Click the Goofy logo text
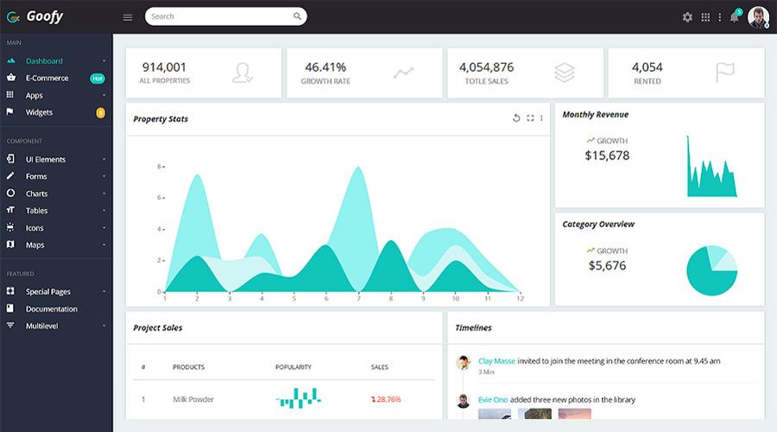point(44,16)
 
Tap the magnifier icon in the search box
point(297,16)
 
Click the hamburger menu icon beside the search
point(128,17)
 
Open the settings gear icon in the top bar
point(687,17)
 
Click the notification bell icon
point(734,17)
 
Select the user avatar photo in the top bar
point(758,16)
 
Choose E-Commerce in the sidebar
point(47,78)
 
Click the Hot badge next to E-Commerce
point(98,78)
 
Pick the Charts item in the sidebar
point(36,194)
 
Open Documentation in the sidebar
point(51,308)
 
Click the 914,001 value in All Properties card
point(164,67)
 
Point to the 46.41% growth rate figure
point(325,67)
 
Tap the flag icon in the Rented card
point(725,73)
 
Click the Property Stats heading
point(161,119)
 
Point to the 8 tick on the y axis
point(159,167)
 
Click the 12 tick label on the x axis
point(520,298)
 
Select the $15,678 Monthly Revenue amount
point(607,156)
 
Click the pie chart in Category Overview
point(711,270)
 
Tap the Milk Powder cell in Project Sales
point(193,399)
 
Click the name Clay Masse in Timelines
point(496,360)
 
